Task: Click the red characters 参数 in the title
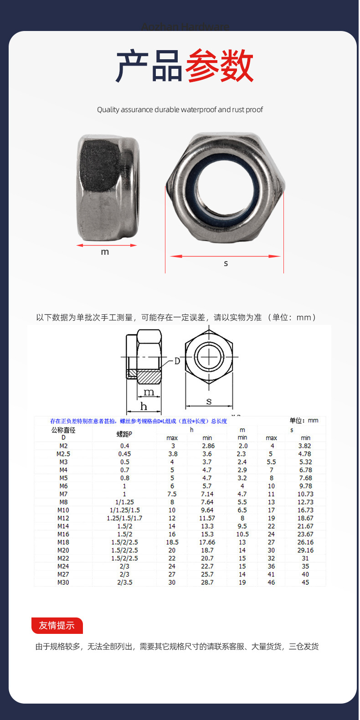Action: pyautogui.click(x=219, y=66)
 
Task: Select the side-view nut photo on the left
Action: pyautogui.click(x=108, y=187)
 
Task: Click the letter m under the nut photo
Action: pyautogui.click(x=105, y=252)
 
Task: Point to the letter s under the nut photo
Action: pyautogui.click(x=226, y=263)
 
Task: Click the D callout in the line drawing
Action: pyautogui.click(x=177, y=361)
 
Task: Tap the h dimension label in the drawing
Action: pyautogui.click(x=144, y=406)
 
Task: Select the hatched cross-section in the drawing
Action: pyautogui.click(x=149, y=377)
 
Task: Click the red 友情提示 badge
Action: pyautogui.click(x=57, y=625)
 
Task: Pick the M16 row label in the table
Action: pyautogui.click(x=63, y=534)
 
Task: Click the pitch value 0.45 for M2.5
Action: pyautogui.click(x=124, y=454)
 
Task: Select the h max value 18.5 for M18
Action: pyautogui.click(x=172, y=542)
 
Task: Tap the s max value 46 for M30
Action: pyautogui.click(x=271, y=582)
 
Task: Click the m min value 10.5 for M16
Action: pyautogui.click(x=242, y=534)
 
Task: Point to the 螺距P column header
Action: pyautogui.click(x=124, y=434)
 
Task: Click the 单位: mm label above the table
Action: pyautogui.click(x=303, y=420)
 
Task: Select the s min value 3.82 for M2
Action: pyautogui.click(x=305, y=446)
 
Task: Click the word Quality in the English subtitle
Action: pyautogui.click(x=108, y=110)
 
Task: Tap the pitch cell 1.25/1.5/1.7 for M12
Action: pyautogui.click(x=124, y=518)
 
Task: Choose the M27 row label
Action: pyautogui.click(x=63, y=574)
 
